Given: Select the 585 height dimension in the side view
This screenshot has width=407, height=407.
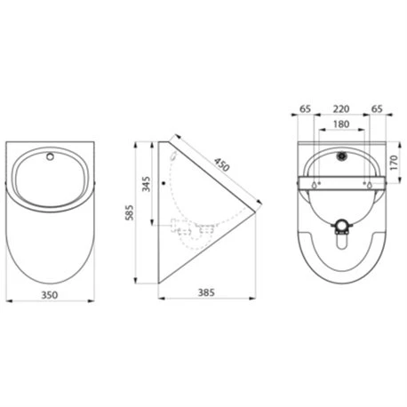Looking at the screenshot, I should click(x=130, y=213).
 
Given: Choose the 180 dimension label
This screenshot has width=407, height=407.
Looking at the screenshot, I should click(x=342, y=124).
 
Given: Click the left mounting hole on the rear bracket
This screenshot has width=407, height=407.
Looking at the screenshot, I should click(x=316, y=185).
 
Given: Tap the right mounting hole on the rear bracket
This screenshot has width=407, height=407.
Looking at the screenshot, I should click(x=367, y=185).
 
